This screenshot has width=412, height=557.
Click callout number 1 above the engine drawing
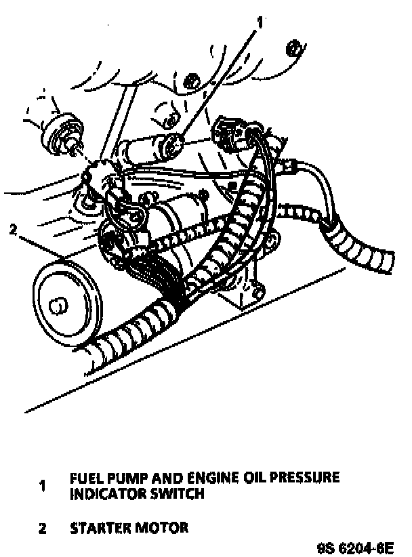pos(259,21)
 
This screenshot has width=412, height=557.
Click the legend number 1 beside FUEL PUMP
pos(43,485)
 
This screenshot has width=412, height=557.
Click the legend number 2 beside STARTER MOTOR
pos(42,529)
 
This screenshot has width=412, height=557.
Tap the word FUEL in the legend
pos(84,478)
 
